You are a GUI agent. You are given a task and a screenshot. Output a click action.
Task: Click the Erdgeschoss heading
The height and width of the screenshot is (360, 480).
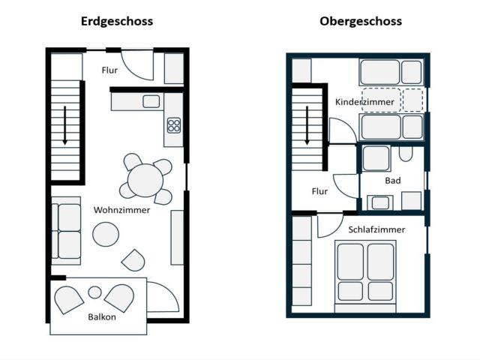[x=116, y=21]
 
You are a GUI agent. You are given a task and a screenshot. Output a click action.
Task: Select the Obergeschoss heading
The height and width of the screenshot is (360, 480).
[x=360, y=21]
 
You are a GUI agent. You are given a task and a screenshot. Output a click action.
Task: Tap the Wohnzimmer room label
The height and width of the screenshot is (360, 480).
[x=121, y=210]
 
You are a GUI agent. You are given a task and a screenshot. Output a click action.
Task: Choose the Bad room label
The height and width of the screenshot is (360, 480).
[x=393, y=181]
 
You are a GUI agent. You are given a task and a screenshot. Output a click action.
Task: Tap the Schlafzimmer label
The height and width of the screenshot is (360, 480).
[x=376, y=229]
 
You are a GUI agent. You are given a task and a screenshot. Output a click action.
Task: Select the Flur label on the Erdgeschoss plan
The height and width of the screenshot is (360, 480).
[x=109, y=70]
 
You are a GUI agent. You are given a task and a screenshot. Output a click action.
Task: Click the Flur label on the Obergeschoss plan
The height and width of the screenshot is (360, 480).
[x=319, y=191]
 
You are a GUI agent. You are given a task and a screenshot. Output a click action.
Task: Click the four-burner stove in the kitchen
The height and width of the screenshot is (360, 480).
[x=174, y=125]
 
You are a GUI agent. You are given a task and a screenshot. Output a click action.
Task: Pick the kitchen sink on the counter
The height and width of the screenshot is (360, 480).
[x=151, y=101]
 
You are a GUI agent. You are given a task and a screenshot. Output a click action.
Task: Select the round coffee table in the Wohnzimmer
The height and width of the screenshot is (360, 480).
[x=106, y=235]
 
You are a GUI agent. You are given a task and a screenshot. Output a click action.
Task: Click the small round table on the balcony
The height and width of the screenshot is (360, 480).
[x=94, y=292]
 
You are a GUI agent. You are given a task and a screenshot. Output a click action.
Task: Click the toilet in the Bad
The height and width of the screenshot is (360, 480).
[x=406, y=154]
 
